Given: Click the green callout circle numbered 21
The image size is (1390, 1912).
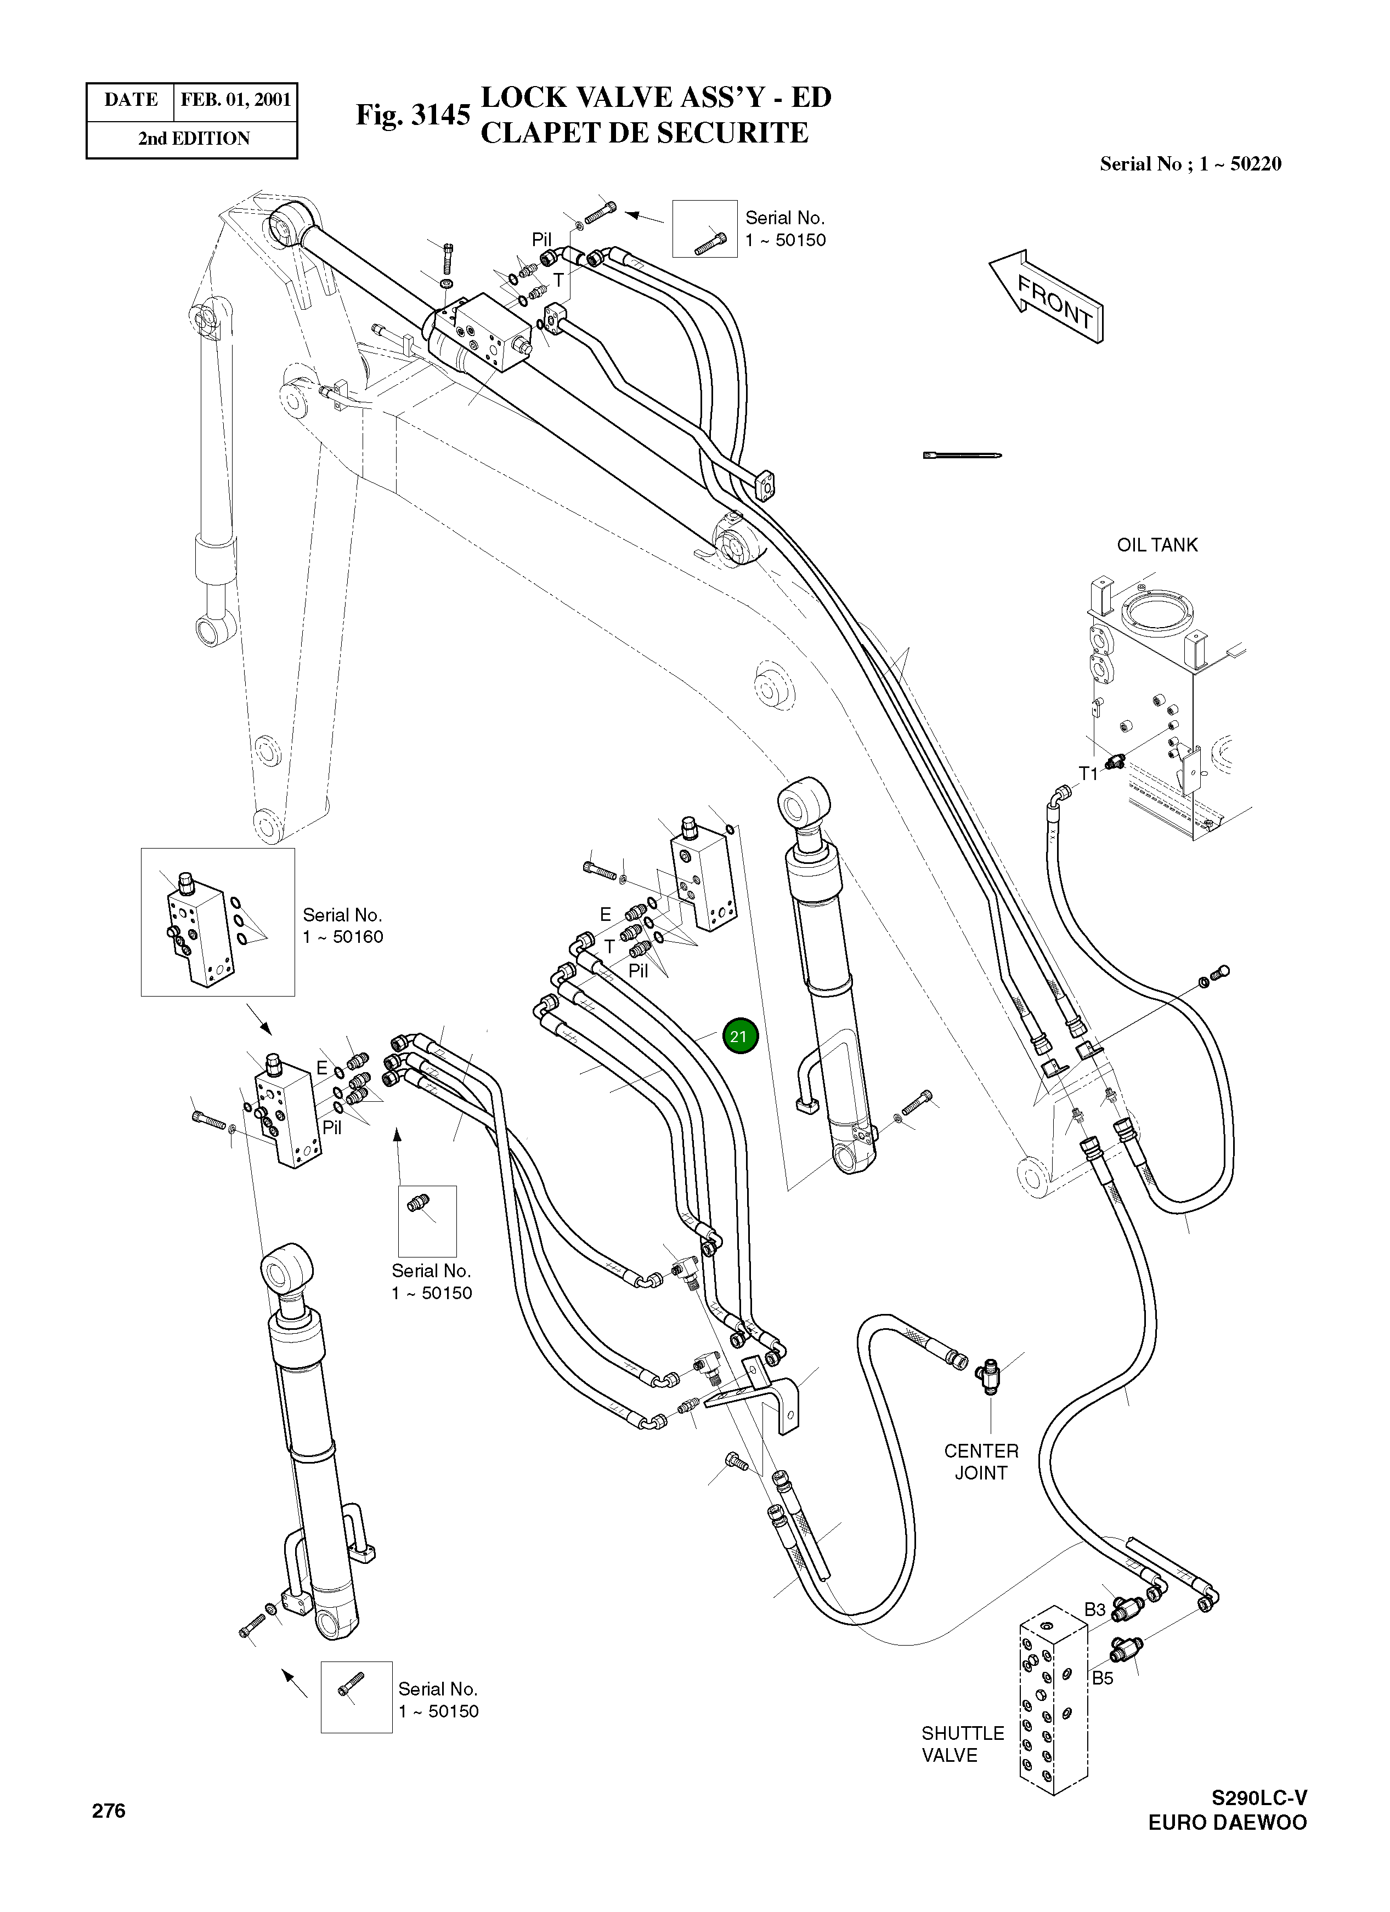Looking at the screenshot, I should (739, 1036).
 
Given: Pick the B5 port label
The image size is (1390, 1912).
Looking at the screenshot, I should (1103, 1677).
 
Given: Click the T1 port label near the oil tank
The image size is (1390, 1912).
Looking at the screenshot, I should (1088, 773).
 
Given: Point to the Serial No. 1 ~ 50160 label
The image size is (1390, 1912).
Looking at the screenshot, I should (342, 926).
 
